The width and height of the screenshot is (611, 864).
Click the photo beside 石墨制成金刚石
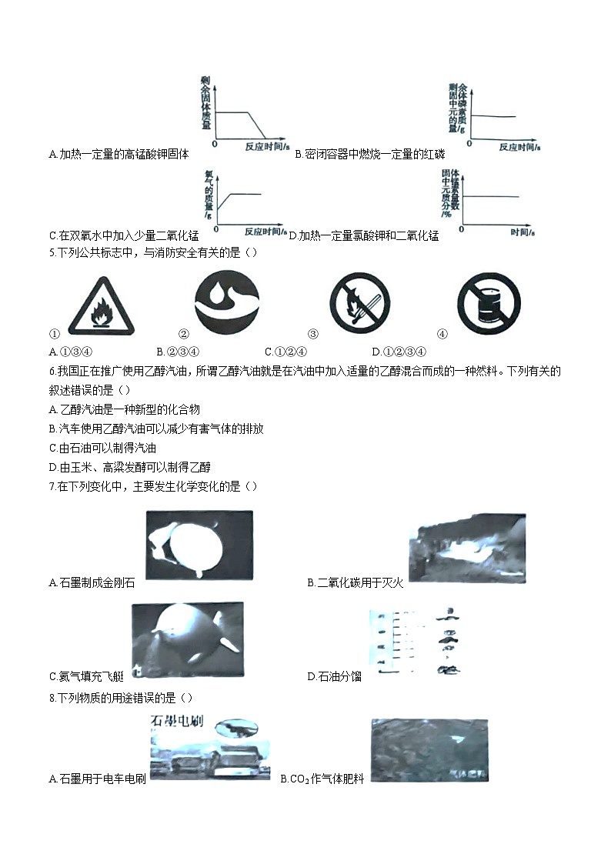(x=199, y=545)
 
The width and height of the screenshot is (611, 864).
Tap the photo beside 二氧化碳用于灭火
(x=467, y=548)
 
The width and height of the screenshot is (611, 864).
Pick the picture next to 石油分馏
(x=416, y=643)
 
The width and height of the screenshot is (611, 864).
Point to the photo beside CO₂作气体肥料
(x=429, y=750)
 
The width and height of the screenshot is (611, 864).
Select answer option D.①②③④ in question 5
(x=399, y=352)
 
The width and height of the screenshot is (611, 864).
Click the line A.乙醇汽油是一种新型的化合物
(x=124, y=410)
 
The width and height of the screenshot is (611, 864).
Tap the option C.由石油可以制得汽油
(x=102, y=448)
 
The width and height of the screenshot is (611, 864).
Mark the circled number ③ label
(x=313, y=334)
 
